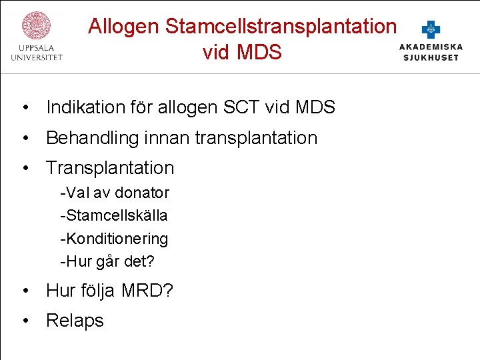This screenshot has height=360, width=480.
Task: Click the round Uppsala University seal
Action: click(37, 25)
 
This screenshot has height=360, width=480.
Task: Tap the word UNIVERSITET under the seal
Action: click(37, 58)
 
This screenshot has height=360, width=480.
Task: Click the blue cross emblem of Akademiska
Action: click(431, 29)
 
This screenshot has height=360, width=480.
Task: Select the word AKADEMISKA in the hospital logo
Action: click(431, 47)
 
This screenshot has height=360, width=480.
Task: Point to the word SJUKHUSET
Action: click(431, 57)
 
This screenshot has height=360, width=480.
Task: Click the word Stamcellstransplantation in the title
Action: click(281, 27)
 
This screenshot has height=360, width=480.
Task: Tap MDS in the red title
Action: click(260, 52)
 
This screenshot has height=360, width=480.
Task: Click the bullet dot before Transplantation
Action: click(25, 168)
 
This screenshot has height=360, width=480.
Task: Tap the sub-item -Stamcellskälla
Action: click(113, 215)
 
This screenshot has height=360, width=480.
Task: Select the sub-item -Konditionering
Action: click(114, 238)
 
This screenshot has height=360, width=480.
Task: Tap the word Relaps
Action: click(75, 321)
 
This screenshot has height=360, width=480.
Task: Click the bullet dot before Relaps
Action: click(25, 321)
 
